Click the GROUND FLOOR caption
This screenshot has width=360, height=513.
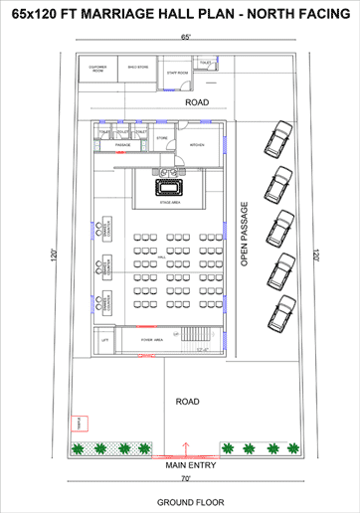tap(184, 502)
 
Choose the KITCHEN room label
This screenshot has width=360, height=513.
tap(197, 145)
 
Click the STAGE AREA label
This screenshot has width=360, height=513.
tap(168, 202)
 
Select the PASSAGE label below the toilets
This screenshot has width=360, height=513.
tap(122, 145)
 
